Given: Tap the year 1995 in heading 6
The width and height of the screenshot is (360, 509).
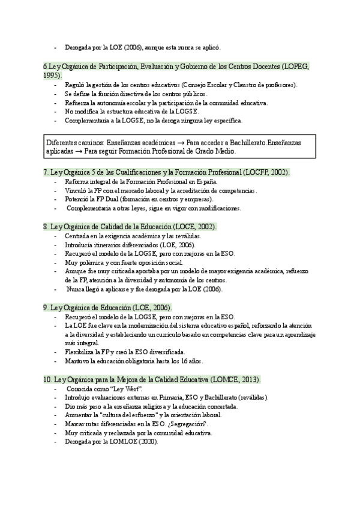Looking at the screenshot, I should coord(52,76).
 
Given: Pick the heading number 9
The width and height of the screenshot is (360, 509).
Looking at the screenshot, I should coord(46,307).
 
